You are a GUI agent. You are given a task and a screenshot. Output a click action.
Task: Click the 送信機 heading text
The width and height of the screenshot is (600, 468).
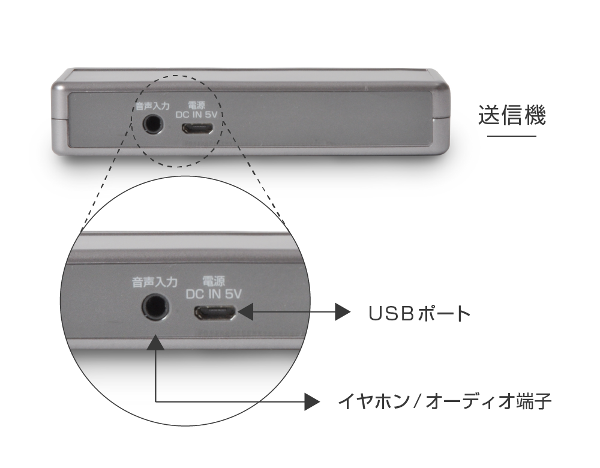[x=512, y=115]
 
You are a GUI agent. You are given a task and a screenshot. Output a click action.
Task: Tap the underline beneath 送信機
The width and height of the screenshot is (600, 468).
[x=512, y=136]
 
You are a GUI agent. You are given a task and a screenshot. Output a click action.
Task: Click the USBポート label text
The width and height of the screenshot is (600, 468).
[x=419, y=313]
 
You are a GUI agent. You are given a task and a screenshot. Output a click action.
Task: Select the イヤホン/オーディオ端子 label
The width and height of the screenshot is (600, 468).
[x=445, y=401]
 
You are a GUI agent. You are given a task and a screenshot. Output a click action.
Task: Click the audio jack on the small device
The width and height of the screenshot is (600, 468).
[x=152, y=124]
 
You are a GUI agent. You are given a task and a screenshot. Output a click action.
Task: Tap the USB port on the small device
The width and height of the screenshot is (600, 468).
[x=198, y=129]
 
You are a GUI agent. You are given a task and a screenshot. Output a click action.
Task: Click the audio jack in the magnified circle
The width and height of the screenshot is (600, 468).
[x=156, y=306]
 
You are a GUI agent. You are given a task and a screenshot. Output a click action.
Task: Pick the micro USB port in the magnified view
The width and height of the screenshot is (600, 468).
[x=215, y=313]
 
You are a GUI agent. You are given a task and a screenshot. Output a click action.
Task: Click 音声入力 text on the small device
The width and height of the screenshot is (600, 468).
[x=152, y=105]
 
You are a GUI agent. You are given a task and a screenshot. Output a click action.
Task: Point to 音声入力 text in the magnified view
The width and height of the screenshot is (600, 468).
[x=155, y=282]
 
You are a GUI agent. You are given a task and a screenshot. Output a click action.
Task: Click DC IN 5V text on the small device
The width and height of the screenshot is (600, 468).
[x=196, y=115]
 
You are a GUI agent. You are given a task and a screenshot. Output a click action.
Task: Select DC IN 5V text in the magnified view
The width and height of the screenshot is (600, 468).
[x=214, y=293]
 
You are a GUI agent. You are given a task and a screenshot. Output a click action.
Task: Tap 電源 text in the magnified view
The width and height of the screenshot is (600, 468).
[x=214, y=281]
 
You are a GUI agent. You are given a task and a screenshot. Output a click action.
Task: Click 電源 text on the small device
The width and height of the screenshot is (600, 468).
[x=196, y=105]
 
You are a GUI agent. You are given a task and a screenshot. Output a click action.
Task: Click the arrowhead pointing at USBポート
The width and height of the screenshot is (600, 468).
[x=343, y=312]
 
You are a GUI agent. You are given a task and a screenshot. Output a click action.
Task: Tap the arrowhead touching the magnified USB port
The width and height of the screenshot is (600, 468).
[x=246, y=312]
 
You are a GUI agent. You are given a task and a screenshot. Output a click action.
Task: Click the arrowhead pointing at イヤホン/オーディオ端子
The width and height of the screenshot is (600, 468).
[x=312, y=401]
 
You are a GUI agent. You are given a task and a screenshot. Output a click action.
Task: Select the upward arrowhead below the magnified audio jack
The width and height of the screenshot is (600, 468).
[x=155, y=342]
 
